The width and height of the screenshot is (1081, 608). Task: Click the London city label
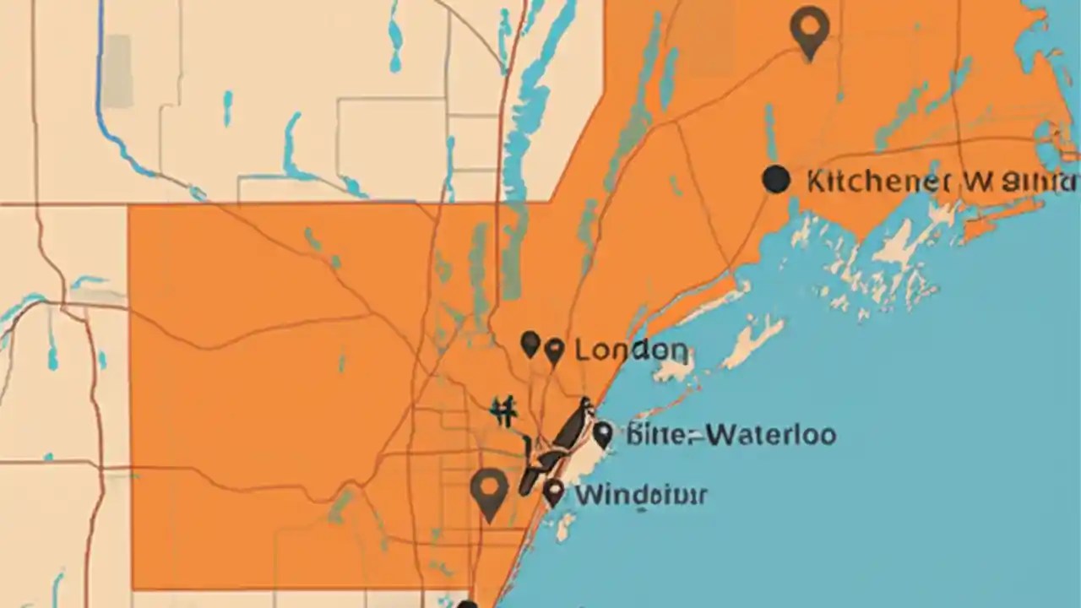click(630, 350)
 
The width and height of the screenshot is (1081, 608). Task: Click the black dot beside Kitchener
click(775, 179)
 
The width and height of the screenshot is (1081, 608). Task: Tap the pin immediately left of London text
click(554, 350)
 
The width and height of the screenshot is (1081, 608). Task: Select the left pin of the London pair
click(530, 344)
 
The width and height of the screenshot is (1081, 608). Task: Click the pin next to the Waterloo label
click(601, 435)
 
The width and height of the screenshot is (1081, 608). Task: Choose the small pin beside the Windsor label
click(552, 491)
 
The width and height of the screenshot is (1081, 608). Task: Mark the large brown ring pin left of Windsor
click(489, 492)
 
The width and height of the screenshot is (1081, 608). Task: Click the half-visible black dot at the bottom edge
click(467, 604)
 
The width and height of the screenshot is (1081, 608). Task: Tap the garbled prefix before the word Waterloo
click(663, 436)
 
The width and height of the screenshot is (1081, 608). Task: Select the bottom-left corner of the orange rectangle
click(133, 588)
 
